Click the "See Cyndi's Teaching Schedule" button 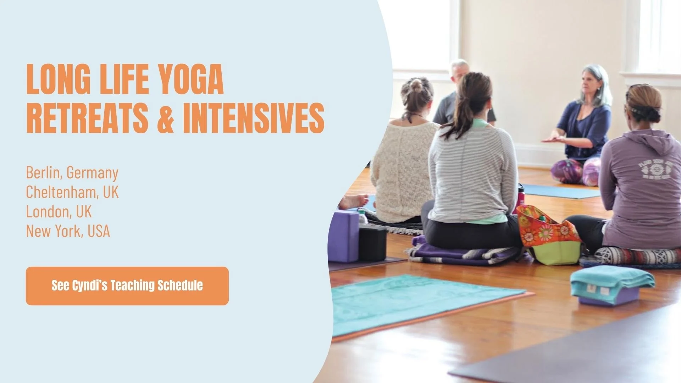click(127, 286)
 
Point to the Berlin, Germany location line click(72, 173)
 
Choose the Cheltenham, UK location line click(72, 192)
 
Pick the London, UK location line click(59, 212)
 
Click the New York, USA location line click(68, 231)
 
